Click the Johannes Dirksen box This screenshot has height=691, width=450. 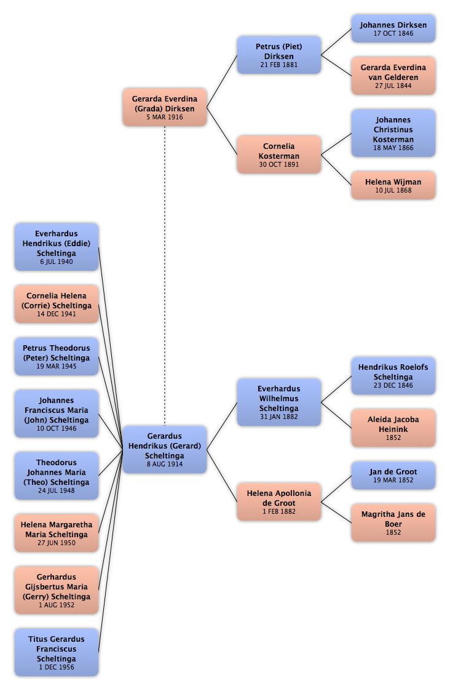393,29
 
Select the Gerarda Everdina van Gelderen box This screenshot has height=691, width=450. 393,76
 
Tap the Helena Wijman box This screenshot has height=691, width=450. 393,186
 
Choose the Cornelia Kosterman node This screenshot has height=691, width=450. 278,154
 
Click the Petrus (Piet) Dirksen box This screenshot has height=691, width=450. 278,55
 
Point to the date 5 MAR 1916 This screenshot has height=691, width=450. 165,118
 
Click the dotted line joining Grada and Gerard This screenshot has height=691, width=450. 165,276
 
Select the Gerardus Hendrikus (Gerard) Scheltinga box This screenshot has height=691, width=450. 165,450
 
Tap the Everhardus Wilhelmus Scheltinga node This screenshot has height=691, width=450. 278,402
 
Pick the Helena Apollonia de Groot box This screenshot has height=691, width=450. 278,502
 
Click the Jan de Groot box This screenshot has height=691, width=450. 393,476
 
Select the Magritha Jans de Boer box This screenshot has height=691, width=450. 393,522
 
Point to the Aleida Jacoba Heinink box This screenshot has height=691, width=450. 393,428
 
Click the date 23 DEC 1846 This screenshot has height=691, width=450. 393,386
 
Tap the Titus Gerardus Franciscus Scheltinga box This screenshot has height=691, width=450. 57,653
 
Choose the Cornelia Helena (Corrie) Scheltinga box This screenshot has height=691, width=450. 57,304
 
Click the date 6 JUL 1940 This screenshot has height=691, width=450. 57,262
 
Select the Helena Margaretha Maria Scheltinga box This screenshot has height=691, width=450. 57,533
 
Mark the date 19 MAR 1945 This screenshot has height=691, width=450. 57,367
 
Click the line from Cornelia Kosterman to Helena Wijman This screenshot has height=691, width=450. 336,170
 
